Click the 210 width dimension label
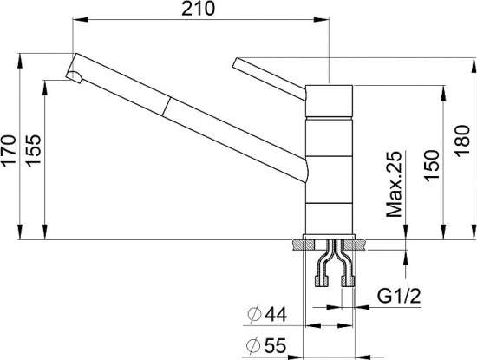tap(198, 9)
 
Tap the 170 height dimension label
tap(8, 150)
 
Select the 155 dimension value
tap(33, 150)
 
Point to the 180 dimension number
tap(462, 141)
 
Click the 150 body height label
tap(432, 166)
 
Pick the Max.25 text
tap(394, 184)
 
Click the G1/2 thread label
tap(399, 296)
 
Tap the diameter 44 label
tap(267, 314)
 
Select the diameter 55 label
tap(266, 345)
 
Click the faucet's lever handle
tap(269, 78)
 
